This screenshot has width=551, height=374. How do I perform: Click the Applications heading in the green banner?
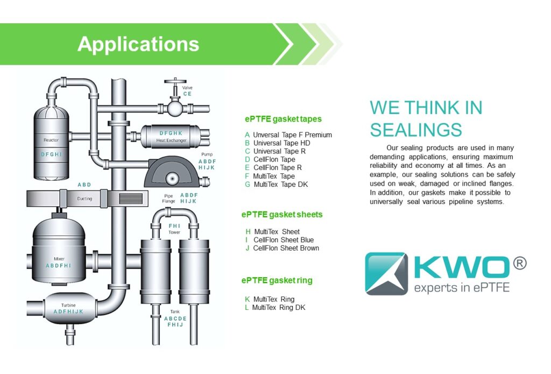tap(138, 44)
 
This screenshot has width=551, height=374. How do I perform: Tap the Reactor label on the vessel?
tap(51, 140)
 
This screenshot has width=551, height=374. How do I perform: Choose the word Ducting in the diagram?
tap(84, 199)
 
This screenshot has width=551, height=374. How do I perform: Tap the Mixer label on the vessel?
tap(59, 258)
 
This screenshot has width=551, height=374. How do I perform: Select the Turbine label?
tap(68, 305)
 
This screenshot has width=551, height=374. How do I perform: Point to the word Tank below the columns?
tap(175, 311)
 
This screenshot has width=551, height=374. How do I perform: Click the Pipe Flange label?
tap(168, 198)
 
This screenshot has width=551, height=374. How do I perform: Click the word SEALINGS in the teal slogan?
tap(415, 130)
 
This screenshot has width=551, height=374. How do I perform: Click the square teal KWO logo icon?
tap(386, 273)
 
